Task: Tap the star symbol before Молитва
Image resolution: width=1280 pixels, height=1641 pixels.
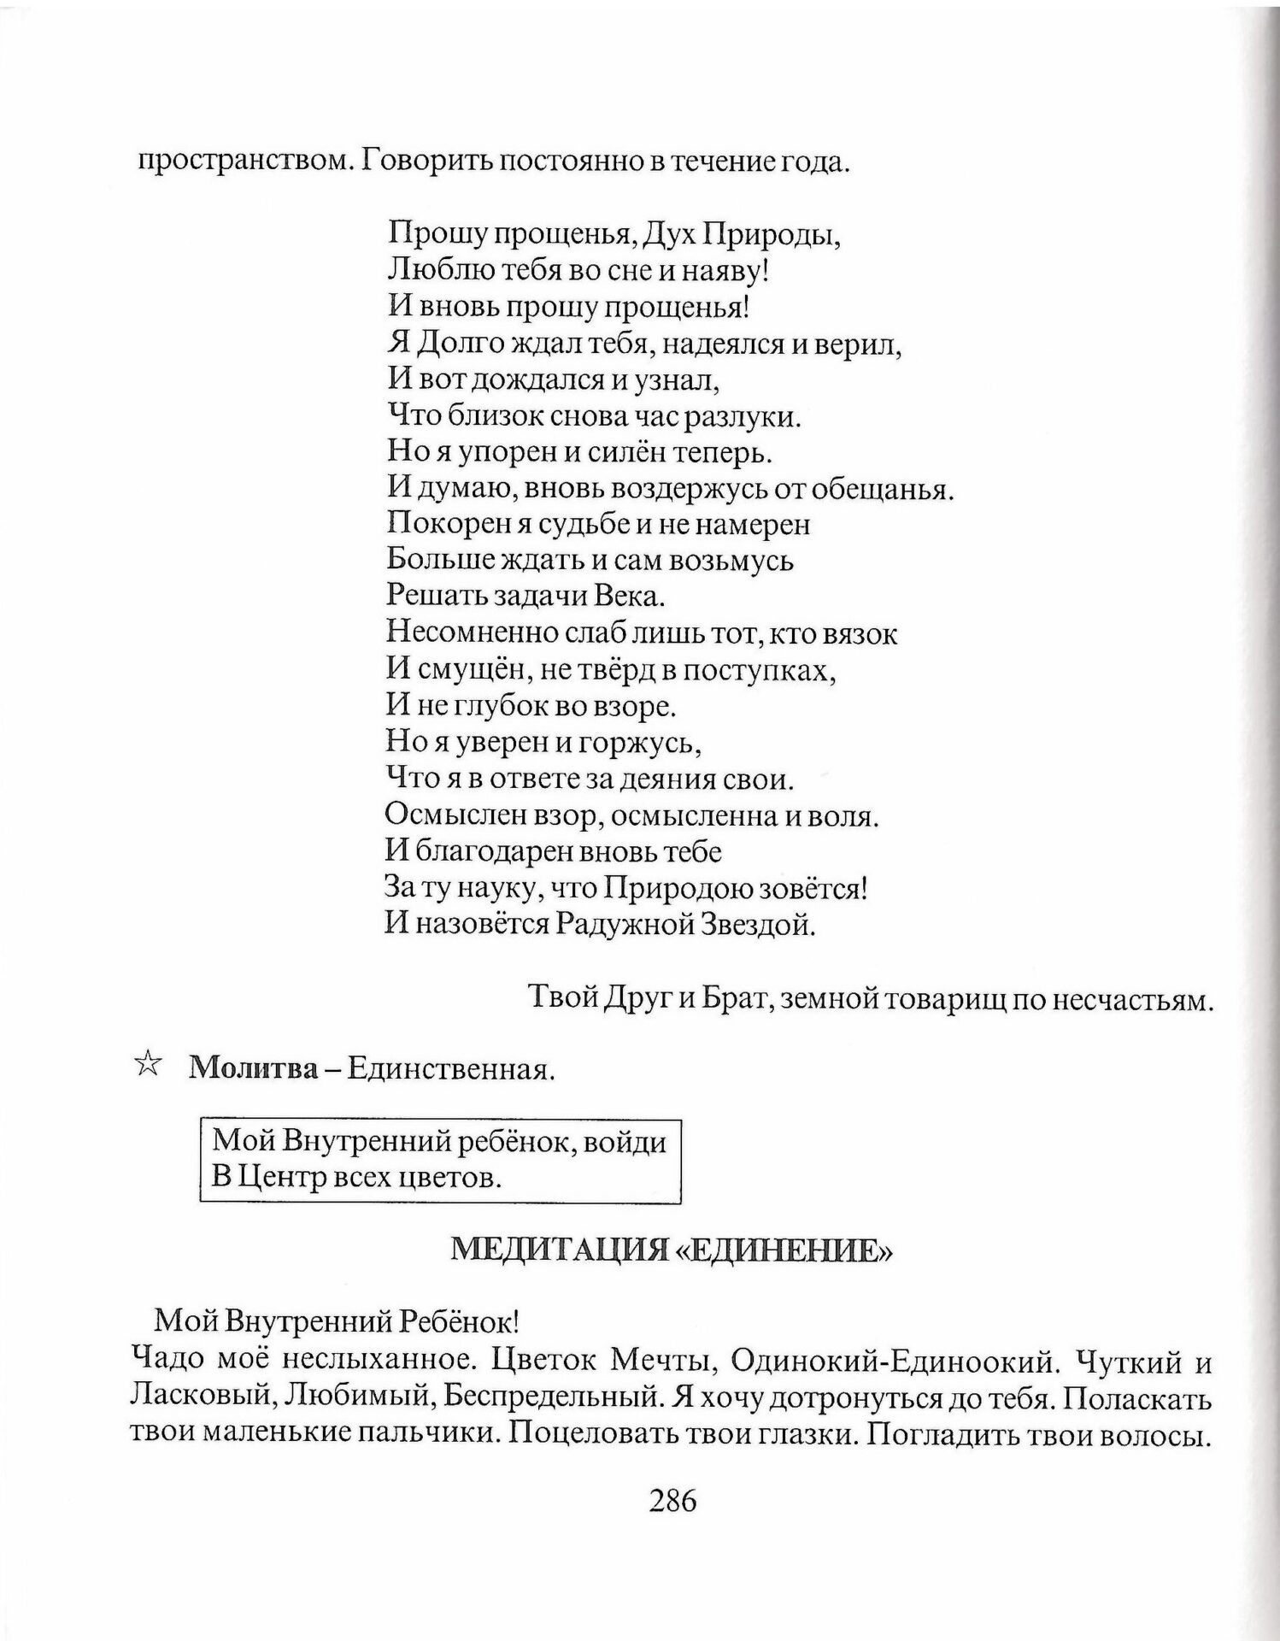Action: pyautogui.click(x=147, y=1066)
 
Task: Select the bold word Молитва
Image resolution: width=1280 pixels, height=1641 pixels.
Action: pyautogui.click(x=252, y=1068)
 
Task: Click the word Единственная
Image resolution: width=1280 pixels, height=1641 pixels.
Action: pyautogui.click(x=450, y=1069)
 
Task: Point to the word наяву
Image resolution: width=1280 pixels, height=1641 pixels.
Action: pyautogui.click(x=725, y=271)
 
